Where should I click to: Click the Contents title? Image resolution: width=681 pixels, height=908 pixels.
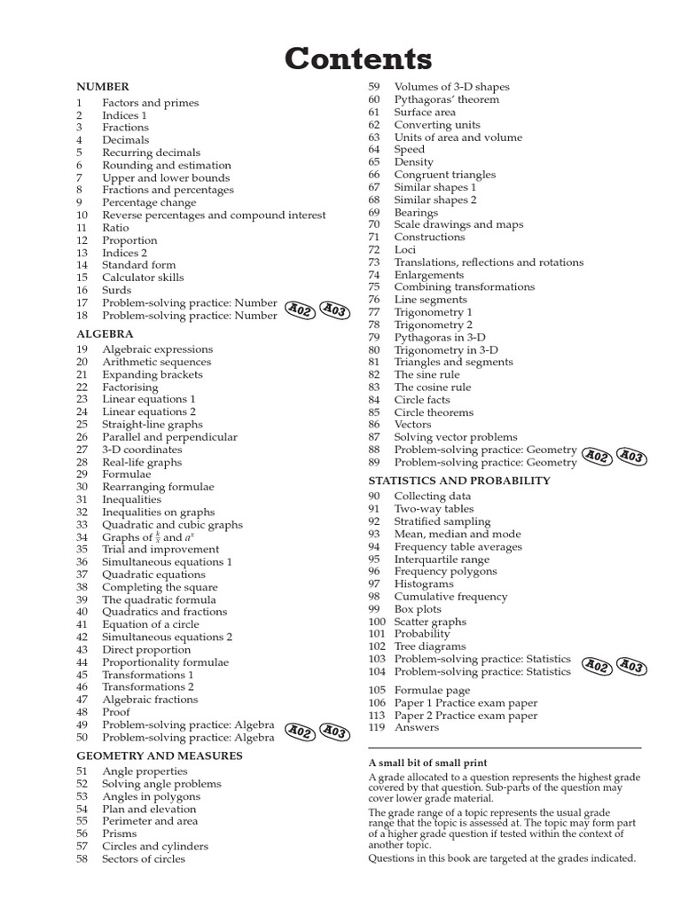358,59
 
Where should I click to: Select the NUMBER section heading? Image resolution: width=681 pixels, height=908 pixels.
103,87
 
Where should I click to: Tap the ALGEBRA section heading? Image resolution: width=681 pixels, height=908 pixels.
105,334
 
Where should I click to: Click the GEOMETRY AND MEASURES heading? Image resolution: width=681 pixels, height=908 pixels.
159,755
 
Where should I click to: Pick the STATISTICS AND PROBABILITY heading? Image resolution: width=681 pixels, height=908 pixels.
459,481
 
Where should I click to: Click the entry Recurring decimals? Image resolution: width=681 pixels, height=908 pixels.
151,153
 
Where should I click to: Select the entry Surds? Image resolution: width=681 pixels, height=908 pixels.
116,290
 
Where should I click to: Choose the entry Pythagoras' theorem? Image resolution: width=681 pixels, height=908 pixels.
447,99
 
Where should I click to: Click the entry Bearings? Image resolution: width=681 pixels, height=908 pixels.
416,213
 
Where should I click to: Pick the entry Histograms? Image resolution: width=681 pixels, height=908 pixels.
424,584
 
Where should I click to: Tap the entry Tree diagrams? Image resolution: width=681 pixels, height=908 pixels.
429,646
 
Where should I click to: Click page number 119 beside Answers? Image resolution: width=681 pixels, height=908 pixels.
377,728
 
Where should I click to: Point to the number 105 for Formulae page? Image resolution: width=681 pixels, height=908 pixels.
377,691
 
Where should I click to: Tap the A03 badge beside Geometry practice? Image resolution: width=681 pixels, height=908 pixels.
630,457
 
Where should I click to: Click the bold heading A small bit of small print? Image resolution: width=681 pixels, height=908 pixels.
427,763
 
